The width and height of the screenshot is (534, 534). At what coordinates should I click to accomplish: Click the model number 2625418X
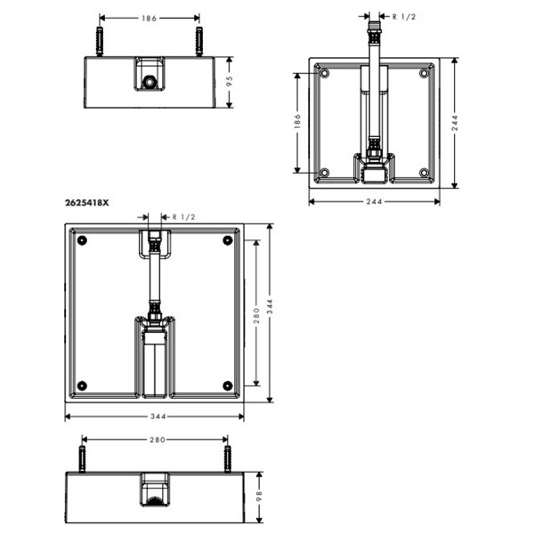pyautogui.click(x=87, y=203)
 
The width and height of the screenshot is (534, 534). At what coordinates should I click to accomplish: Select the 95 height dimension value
pyautogui.click(x=230, y=81)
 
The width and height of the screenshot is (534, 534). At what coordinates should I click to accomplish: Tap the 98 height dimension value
pyautogui.click(x=259, y=496)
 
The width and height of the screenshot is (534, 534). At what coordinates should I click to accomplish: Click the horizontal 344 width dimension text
pyautogui.click(x=158, y=417)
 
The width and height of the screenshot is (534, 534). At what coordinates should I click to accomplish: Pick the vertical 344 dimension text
pyautogui.click(x=270, y=306)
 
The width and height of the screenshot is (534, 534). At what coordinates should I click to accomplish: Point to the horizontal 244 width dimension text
pyautogui.click(x=374, y=202)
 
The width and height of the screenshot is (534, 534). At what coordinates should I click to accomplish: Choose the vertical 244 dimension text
pyautogui.click(x=455, y=123)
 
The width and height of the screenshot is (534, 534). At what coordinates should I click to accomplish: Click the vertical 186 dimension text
pyautogui.click(x=297, y=122)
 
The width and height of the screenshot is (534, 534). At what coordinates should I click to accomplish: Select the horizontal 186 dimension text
pyautogui.click(x=150, y=18)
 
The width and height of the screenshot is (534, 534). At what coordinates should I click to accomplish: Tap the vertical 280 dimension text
pyautogui.click(x=256, y=316)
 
